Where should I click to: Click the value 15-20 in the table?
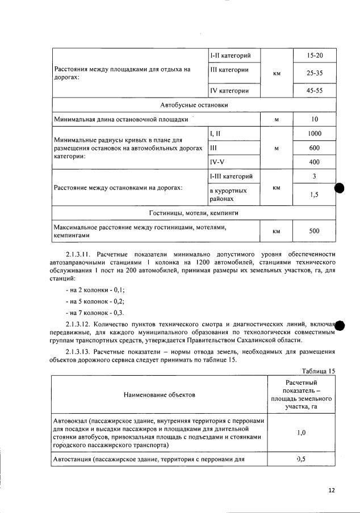coord(314,56)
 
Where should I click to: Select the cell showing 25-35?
coord(314,73)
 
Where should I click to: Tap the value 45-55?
coord(314,91)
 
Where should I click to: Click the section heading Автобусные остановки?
coord(194,105)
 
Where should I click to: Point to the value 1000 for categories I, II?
coord(314,133)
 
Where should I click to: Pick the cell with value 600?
coord(314,148)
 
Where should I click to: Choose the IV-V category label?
coord(217,162)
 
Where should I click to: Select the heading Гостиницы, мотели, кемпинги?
coord(194,213)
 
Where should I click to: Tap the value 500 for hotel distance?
coord(314,231)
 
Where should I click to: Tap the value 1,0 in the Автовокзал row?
coord(302,432)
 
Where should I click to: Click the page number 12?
coord(332,490)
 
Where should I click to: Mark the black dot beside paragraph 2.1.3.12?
coord(341,325)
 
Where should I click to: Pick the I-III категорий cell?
coord(231,177)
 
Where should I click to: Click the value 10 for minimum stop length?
coord(314,119)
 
